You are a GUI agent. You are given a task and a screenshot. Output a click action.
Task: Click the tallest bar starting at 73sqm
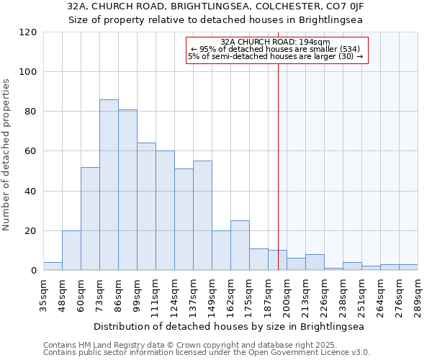pos(109,185)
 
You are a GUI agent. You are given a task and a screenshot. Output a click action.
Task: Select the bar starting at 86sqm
pos(127,190)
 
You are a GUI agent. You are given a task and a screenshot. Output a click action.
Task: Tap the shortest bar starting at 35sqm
pos(53,266)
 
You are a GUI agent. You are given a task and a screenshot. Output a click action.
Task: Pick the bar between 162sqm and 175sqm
pos(240,246)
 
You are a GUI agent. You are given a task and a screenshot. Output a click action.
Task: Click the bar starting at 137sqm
pos(202,215)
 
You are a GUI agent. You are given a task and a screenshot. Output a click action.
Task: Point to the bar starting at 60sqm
pos(90,219)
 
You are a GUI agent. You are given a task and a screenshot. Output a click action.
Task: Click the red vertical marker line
pos(278,180)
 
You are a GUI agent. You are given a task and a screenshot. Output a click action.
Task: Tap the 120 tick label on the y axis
pos(28,32)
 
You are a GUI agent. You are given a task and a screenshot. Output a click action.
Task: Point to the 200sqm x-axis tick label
pos(287,296)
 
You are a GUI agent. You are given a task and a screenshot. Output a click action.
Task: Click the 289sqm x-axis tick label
pos(418,296)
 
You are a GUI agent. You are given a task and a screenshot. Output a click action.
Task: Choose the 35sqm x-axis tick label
pos(43,296)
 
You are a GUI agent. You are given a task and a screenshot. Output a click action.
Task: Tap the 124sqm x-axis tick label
pos(175,296)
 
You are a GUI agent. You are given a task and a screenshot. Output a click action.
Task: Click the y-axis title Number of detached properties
pos(7,155)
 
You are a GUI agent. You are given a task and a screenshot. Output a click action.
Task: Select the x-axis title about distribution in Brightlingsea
pos(229,326)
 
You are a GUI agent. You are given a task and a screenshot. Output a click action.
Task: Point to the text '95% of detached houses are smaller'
pos(275,49)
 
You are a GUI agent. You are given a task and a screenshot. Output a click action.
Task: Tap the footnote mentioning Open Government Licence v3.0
pos(207,353)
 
